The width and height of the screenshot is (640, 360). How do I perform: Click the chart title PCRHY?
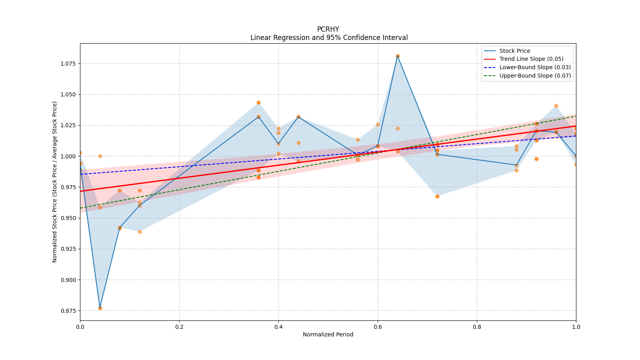[x=328, y=29]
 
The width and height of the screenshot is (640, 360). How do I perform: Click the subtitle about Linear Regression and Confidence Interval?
[x=329, y=38]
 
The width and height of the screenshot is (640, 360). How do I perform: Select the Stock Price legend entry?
[x=514, y=51]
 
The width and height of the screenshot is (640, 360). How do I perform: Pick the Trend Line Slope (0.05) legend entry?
[x=531, y=59]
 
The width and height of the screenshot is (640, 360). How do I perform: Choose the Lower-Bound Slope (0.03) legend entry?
[x=535, y=68]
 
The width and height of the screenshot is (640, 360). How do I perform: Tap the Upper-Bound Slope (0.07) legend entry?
[x=535, y=76]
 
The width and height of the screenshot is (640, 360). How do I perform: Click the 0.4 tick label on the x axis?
[x=278, y=327]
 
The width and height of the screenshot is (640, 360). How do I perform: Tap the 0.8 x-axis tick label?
[x=477, y=327]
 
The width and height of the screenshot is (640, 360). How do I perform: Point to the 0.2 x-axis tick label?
[x=179, y=327]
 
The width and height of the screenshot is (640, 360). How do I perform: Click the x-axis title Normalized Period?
[x=328, y=334]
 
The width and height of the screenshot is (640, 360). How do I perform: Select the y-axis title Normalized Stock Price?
[x=55, y=182]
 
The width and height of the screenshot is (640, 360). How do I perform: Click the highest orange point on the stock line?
[x=398, y=56]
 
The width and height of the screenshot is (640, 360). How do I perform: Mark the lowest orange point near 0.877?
[x=100, y=308]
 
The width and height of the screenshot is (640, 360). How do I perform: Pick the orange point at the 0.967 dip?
[x=437, y=196]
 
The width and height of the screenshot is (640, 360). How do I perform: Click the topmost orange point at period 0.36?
[x=258, y=103]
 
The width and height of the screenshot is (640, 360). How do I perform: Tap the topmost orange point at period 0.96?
[x=556, y=106]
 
